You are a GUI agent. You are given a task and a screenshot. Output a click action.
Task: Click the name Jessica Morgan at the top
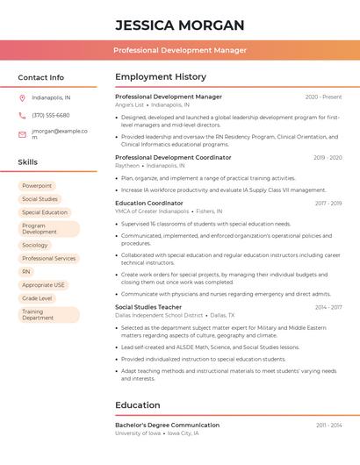pos(179,25)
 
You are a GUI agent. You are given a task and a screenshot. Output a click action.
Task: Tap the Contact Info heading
pos(41,77)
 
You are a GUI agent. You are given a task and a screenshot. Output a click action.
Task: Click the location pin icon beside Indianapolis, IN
pos(22,97)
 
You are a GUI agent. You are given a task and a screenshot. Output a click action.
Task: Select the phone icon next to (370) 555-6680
pos(22,115)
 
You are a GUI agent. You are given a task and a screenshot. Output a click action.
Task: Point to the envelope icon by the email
pos(22,134)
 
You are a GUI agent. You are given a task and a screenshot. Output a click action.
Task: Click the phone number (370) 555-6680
pos(50,115)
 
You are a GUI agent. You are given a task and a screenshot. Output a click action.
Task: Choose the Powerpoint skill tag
pos(37,186)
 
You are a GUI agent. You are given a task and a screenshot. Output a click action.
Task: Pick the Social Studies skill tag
pos(40,199)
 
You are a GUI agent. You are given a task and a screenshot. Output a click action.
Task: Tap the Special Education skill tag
pos(45,212)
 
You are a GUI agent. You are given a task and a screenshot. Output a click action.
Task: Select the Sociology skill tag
pos(35,246)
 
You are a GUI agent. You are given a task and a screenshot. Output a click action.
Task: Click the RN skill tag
pos(26,272)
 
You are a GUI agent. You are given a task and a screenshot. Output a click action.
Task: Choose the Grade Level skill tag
pos(37,298)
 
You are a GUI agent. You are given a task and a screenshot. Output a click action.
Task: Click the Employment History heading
pos(161,77)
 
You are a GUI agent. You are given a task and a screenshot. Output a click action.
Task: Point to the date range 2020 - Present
pos(323,97)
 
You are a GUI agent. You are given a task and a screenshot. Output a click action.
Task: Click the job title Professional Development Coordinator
pos(173,157)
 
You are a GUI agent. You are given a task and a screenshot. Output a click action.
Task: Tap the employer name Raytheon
pos(127,165)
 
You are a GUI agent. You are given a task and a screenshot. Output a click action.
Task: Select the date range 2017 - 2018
pos(328,204)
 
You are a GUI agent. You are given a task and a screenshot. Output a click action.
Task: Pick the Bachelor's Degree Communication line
pos(167,426)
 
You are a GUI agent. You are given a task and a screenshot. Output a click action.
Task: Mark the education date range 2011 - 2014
pos(328,426)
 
